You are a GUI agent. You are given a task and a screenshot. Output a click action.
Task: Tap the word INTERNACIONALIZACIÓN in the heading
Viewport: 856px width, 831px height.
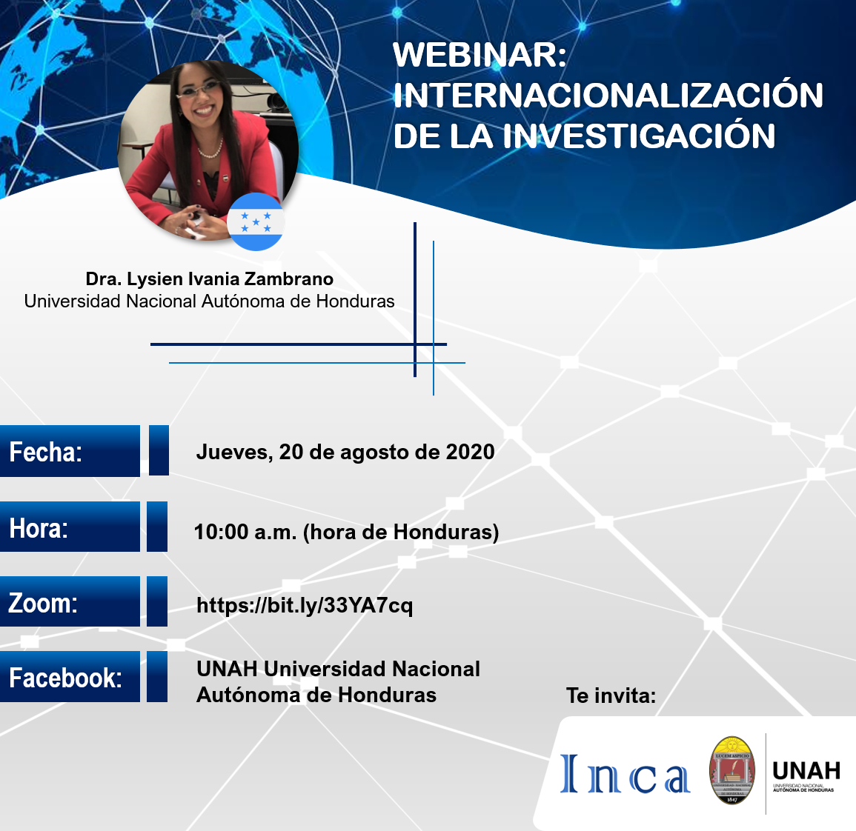click(x=608, y=95)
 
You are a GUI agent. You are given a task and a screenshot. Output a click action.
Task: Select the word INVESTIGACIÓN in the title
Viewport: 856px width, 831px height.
click(x=638, y=136)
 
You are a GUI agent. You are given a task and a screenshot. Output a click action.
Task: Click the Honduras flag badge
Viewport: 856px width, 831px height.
click(x=256, y=221)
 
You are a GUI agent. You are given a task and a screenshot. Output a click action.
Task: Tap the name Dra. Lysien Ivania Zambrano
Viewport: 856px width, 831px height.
click(x=210, y=278)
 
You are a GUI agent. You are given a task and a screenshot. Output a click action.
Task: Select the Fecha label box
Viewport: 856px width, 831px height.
click(x=70, y=451)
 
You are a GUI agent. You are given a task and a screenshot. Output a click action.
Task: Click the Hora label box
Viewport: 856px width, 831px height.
click(x=70, y=527)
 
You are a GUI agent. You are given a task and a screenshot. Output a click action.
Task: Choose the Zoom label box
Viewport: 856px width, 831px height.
click(x=70, y=602)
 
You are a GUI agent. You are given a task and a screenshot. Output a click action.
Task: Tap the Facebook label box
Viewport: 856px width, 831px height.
click(x=70, y=677)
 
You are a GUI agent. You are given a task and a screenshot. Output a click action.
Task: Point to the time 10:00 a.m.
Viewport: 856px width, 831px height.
click(x=245, y=532)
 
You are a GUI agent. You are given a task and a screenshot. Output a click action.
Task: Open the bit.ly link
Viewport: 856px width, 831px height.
click(x=305, y=606)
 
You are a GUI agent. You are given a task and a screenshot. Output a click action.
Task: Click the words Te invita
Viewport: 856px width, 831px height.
click(x=611, y=695)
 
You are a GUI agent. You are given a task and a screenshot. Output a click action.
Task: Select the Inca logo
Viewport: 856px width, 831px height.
click(x=625, y=774)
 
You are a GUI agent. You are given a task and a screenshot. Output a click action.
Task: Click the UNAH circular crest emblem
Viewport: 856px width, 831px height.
click(x=732, y=770)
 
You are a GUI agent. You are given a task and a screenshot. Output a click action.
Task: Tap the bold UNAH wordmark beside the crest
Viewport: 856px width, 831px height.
click(x=806, y=770)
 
